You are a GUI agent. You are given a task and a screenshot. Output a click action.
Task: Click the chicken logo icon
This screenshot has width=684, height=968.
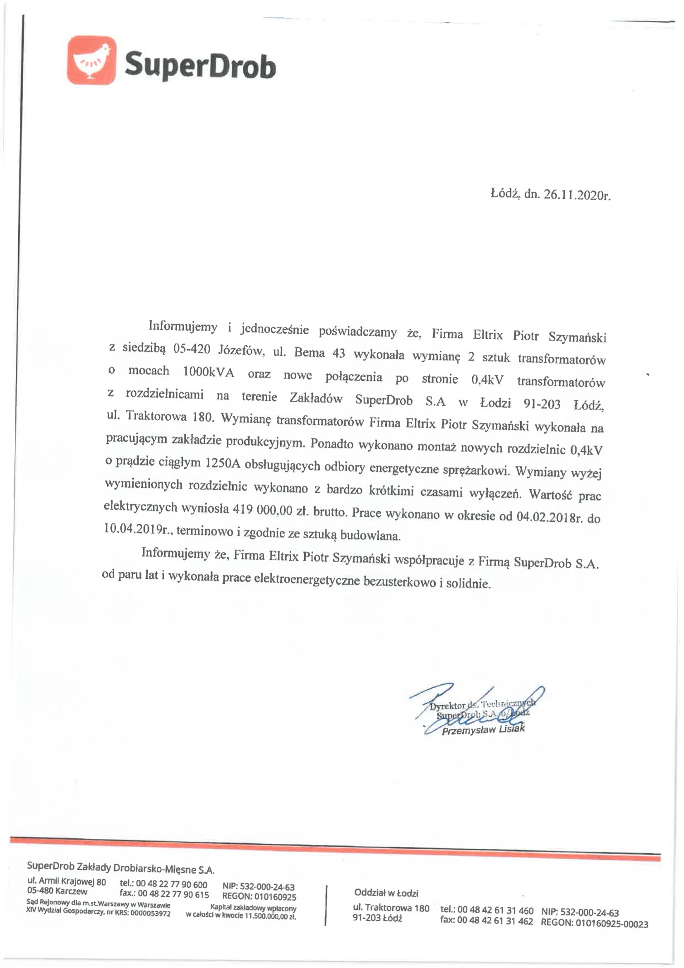point(91,60)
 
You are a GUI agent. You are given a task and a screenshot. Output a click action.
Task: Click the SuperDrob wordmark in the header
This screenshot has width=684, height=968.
point(201,65)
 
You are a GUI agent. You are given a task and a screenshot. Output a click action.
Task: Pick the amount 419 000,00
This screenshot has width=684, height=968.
point(259,509)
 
